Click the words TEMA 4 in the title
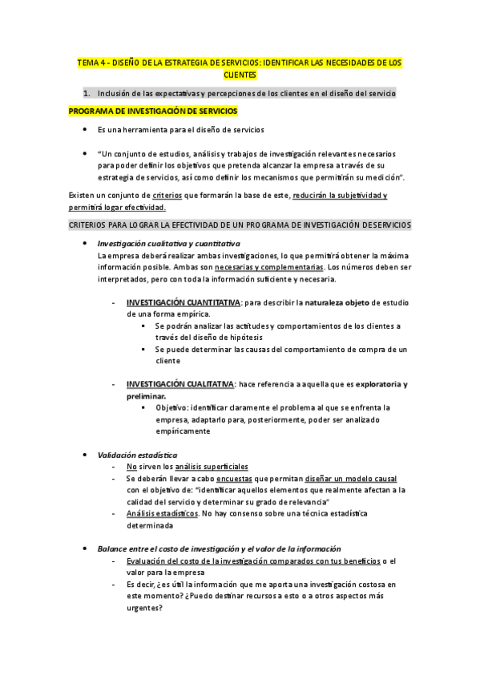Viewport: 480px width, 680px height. tap(90, 61)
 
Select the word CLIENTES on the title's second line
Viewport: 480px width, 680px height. tap(240, 74)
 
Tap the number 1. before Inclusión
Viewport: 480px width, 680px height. tap(88, 93)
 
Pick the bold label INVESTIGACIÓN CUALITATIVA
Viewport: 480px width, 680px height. tap(180, 384)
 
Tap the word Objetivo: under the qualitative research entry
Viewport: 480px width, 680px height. tap(175, 407)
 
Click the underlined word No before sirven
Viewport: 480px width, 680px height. tap(131, 466)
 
